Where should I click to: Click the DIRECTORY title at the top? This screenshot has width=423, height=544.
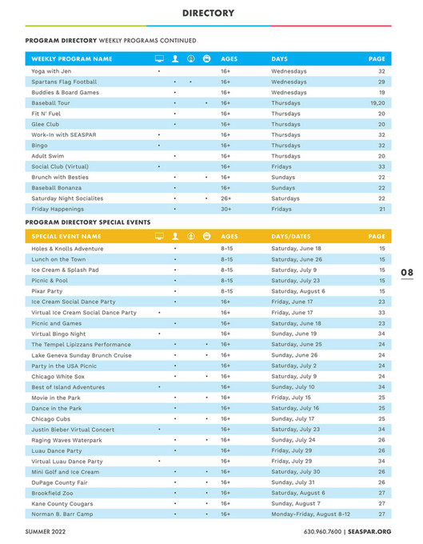[207, 13]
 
